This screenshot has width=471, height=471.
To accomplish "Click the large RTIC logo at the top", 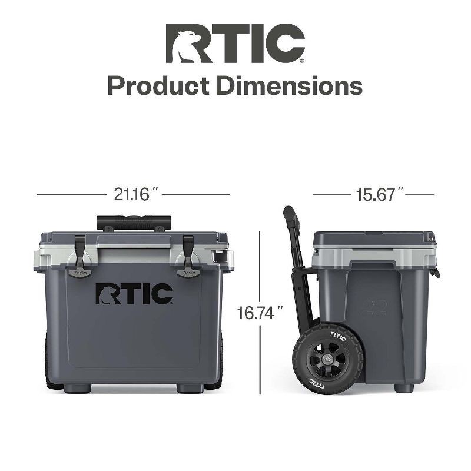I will pos(235,43).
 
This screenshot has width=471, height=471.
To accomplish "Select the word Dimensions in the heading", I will pos(288,86).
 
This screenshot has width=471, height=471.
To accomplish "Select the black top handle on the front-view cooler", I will pos(134,223).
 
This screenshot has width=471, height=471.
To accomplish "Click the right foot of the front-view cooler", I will pos(189,388).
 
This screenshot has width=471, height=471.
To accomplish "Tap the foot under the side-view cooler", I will pos(403,388).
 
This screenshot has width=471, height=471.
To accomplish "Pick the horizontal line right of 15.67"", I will pos(422,194).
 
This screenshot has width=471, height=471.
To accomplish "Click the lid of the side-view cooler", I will pos(374,240).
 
